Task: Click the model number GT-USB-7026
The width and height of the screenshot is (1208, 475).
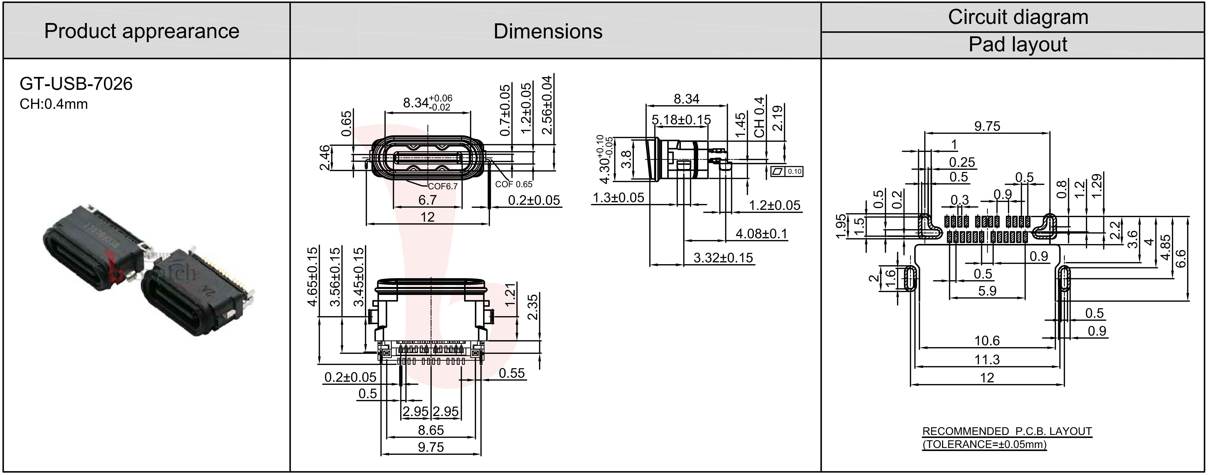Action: pyautogui.click(x=76, y=84)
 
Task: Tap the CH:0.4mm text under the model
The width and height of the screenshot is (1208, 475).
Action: pyautogui.click(x=54, y=104)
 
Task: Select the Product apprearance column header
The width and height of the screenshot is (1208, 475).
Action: pyautogui.click(x=142, y=31)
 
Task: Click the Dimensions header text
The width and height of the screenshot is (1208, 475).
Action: pyautogui.click(x=548, y=31)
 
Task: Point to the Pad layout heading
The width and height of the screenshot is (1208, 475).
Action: pyautogui.click(x=1018, y=45)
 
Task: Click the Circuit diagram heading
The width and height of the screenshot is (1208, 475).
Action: pyautogui.click(x=1018, y=17)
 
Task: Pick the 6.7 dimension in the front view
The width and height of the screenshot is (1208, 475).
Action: pyautogui.click(x=427, y=200)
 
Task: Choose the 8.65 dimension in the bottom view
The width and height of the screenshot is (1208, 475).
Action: pyautogui.click(x=430, y=430)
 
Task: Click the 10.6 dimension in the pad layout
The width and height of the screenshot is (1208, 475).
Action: pyautogui.click(x=987, y=341)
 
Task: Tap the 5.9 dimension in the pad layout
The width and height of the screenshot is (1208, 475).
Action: pyautogui.click(x=987, y=291)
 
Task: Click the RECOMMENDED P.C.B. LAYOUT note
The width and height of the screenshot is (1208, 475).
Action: pyautogui.click(x=1007, y=431)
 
